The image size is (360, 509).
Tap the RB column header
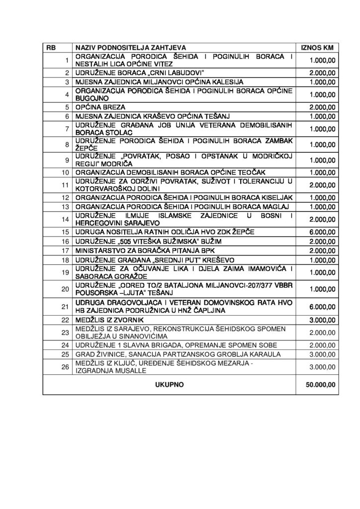(x=51, y=47)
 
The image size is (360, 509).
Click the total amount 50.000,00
(x=321, y=384)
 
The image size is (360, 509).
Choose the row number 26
(x=66, y=367)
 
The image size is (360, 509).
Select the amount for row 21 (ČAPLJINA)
(x=323, y=306)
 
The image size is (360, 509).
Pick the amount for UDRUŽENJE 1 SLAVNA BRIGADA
(x=323, y=344)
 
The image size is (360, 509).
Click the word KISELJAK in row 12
(x=273, y=197)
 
